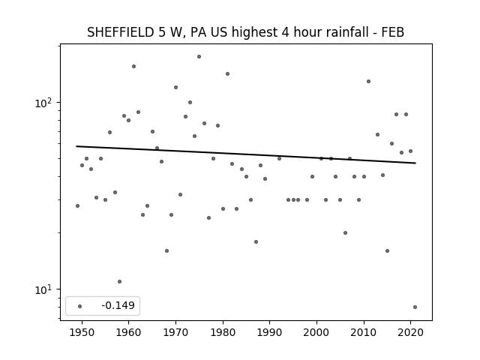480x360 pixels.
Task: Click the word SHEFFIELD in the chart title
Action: click(x=121, y=32)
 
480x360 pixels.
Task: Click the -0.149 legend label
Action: click(x=118, y=305)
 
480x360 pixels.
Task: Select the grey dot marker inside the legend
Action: click(x=80, y=306)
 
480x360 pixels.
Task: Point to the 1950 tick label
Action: click(x=82, y=332)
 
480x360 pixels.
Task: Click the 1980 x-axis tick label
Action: click(x=223, y=332)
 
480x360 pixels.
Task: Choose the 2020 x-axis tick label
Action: click(x=411, y=332)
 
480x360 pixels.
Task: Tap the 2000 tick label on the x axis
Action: click(x=316, y=332)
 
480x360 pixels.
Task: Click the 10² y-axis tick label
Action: click(x=43, y=103)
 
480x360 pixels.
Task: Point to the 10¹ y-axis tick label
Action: click(x=43, y=289)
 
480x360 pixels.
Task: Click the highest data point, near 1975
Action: click(x=199, y=57)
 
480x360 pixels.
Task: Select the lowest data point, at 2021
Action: click(x=415, y=307)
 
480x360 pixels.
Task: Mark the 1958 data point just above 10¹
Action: click(x=119, y=282)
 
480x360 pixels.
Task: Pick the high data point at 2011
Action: click(x=368, y=82)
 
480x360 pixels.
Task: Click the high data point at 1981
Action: click(x=227, y=73)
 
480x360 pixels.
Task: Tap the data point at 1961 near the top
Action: click(x=133, y=67)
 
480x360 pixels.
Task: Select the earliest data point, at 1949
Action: click(x=77, y=205)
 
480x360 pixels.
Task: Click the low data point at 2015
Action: click(x=387, y=250)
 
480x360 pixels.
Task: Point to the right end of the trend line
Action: click(x=415, y=163)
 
